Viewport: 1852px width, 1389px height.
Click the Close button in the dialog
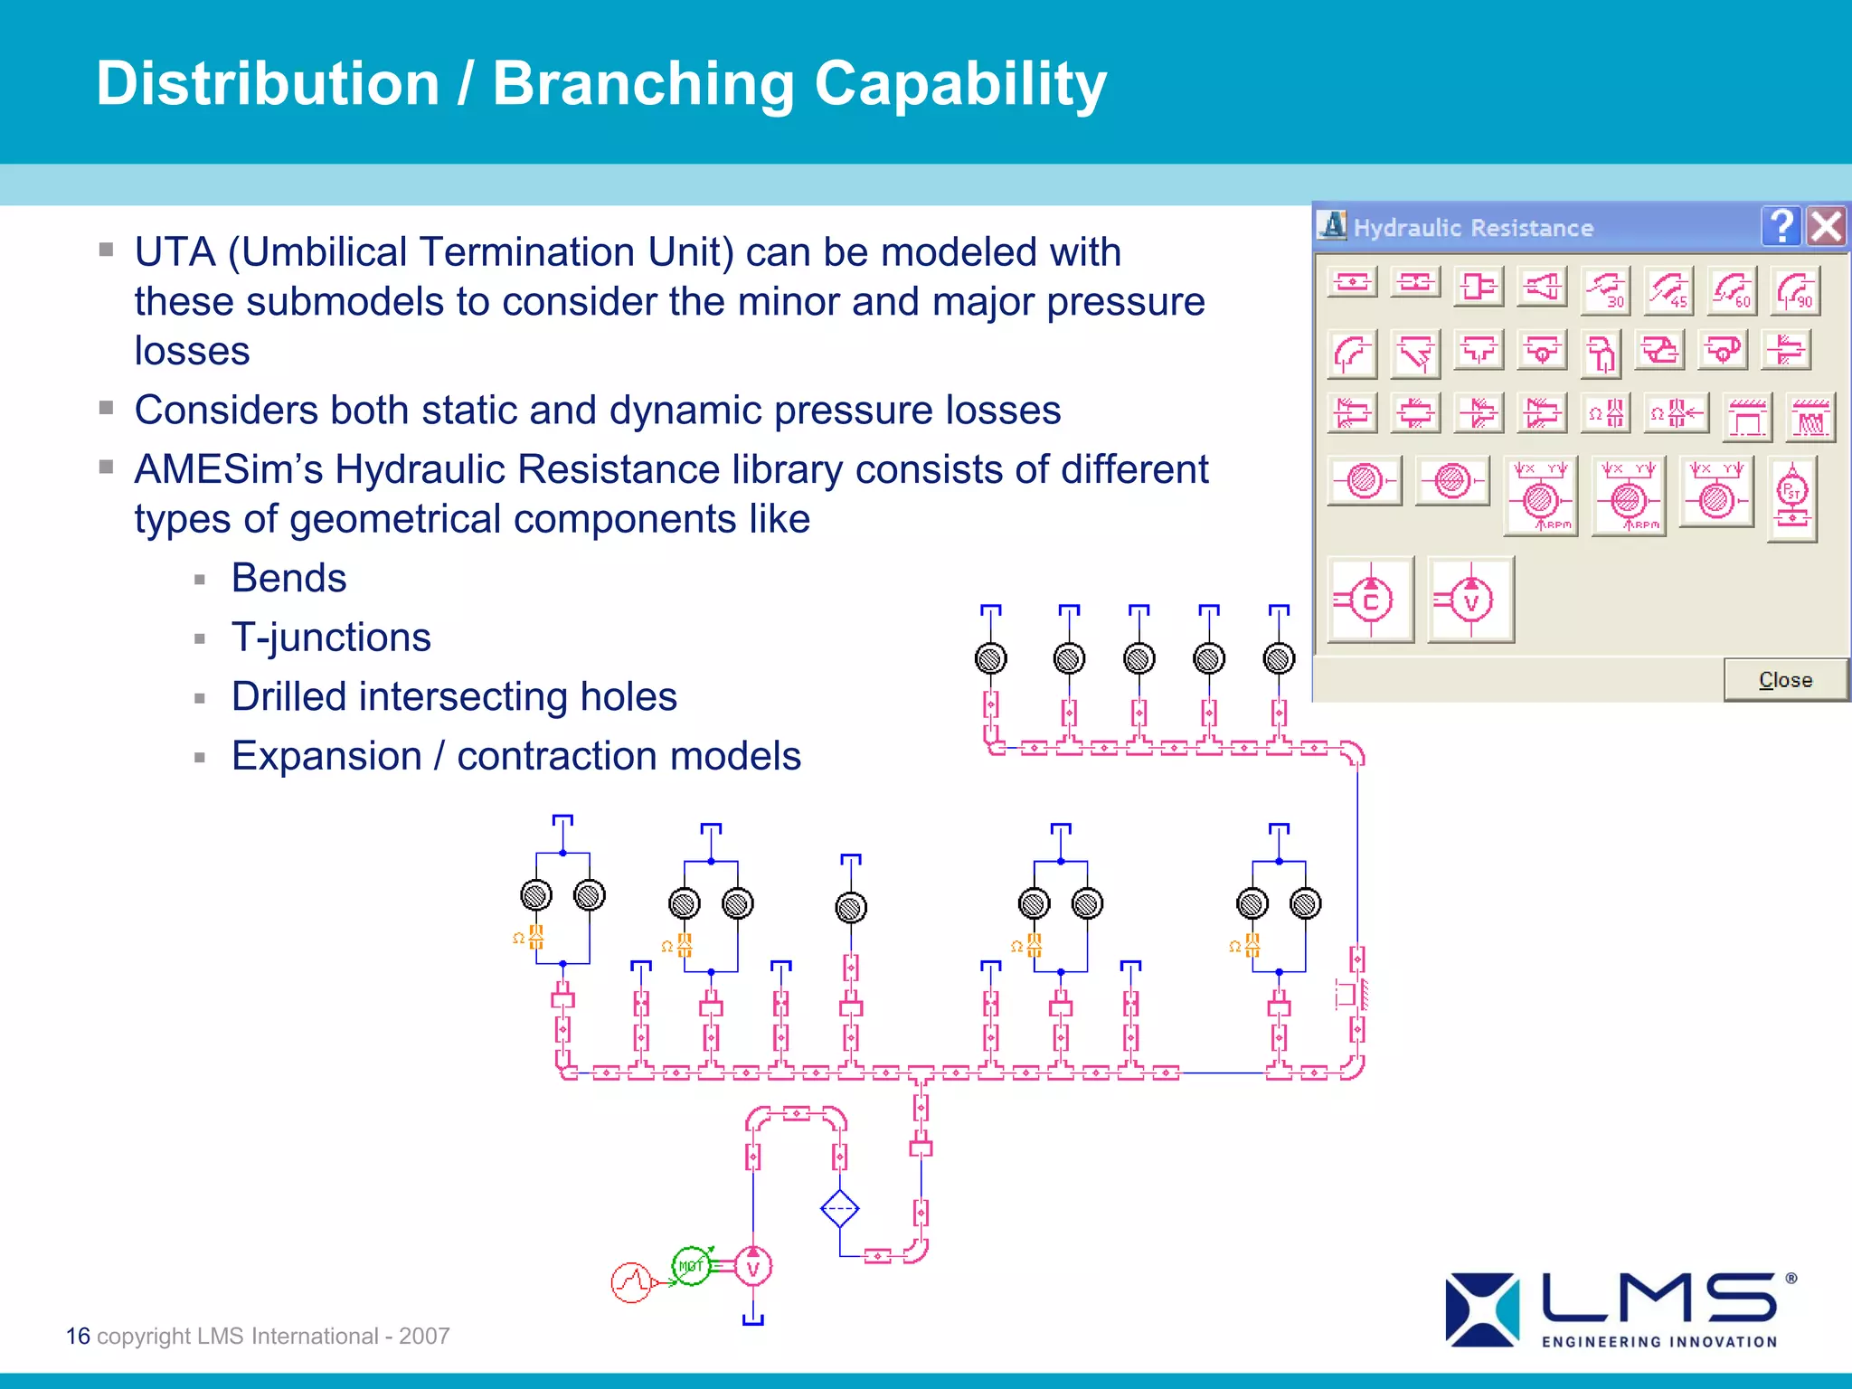(x=1784, y=679)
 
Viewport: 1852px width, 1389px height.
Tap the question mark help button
(x=1781, y=226)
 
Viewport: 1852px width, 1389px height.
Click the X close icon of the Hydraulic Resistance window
(x=1826, y=226)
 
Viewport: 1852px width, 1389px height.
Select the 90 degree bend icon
(x=1794, y=290)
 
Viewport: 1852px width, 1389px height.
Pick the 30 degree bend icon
(x=1605, y=290)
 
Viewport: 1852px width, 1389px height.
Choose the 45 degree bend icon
(x=1668, y=290)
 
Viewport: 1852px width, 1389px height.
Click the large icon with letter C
(x=1370, y=600)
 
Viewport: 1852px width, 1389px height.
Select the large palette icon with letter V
(x=1470, y=600)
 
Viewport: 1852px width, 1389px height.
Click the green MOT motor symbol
(x=692, y=1265)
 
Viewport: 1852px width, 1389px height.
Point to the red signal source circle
(x=632, y=1281)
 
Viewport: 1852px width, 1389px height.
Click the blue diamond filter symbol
(x=839, y=1208)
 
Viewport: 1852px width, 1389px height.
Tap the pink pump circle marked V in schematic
(x=753, y=1267)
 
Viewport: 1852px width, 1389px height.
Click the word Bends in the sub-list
(x=288, y=578)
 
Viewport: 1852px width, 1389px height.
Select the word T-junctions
(x=331, y=638)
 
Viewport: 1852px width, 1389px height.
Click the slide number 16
(x=78, y=1336)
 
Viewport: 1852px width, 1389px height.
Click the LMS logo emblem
(x=1482, y=1309)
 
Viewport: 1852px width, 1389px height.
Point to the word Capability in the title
(x=960, y=84)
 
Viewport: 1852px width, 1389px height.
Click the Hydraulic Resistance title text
(x=1473, y=228)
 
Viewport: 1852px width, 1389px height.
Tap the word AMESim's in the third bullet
(x=228, y=469)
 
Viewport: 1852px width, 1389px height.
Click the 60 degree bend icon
(x=1731, y=290)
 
